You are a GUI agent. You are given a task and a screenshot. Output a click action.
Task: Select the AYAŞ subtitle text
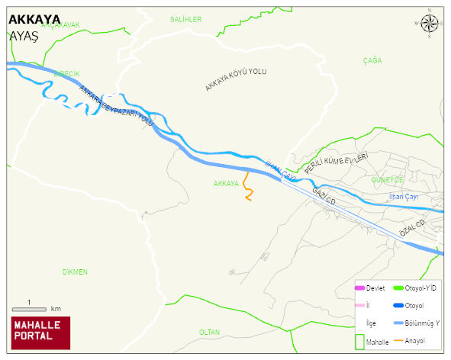24,36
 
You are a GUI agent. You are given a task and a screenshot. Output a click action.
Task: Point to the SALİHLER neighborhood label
185,19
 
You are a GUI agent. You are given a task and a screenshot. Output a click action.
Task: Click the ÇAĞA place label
372,59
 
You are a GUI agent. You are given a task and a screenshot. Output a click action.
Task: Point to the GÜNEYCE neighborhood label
386,179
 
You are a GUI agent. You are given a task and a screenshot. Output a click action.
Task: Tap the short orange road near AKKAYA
247,186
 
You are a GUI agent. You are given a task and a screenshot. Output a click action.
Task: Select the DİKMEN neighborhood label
75,272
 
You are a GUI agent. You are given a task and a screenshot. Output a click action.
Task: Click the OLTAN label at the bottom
209,332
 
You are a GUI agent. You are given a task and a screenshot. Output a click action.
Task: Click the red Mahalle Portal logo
40,333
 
